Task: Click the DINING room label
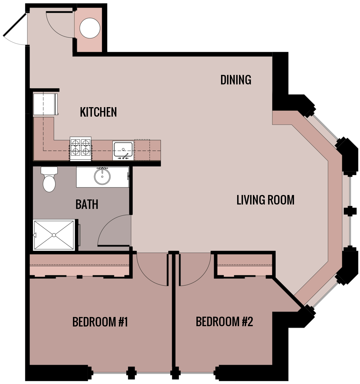tap(236, 80)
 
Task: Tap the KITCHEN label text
tap(98, 112)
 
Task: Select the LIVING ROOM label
tap(265, 200)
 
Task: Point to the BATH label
tap(87, 204)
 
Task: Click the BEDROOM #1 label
tap(100, 322)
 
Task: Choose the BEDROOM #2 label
tap(224, 322)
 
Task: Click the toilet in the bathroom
tap(49, 180)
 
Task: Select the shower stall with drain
tap(54, 235)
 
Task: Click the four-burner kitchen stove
tap(80, 147)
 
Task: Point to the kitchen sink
tap(123, 150)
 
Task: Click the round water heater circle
tap(90, 28)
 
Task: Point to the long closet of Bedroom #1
tap(79, 265)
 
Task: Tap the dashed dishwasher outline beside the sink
tap(142, 150)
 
